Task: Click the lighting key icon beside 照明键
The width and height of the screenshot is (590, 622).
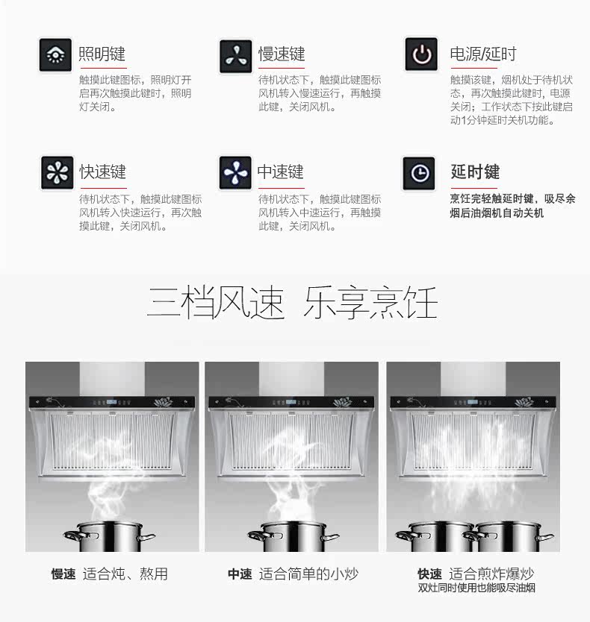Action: point(55,54)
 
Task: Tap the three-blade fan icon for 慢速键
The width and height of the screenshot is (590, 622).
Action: point(235,56)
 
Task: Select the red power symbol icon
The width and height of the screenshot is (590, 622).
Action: point(421,54)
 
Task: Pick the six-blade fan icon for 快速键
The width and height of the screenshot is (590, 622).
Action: point(58,173)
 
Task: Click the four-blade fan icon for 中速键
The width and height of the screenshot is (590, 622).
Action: point(235,173)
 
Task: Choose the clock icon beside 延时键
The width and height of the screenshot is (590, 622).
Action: point(419,173)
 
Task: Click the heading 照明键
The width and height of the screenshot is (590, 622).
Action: point(102,54)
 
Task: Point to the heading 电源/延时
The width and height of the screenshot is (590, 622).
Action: point(483,54)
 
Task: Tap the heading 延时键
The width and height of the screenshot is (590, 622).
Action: point(475,172)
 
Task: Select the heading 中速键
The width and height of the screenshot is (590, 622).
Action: point(281,172)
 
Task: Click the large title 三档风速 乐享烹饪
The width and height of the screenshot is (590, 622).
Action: point(293,302)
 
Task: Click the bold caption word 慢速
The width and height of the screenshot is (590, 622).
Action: point(63,574)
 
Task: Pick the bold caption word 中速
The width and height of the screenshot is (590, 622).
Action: point(240,574)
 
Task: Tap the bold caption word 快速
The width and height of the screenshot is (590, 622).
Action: point(429,574)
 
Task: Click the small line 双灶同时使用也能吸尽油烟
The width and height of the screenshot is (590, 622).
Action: point(476,588)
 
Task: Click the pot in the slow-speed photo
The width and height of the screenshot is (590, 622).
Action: point(109,536)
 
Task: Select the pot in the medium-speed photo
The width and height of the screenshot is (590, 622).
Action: point(294,536)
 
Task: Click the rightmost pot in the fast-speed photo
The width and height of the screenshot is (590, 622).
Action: point(509,536)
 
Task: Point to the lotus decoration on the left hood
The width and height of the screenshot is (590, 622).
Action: point(164,402)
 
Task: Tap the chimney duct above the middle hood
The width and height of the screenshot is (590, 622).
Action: point(291,379)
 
